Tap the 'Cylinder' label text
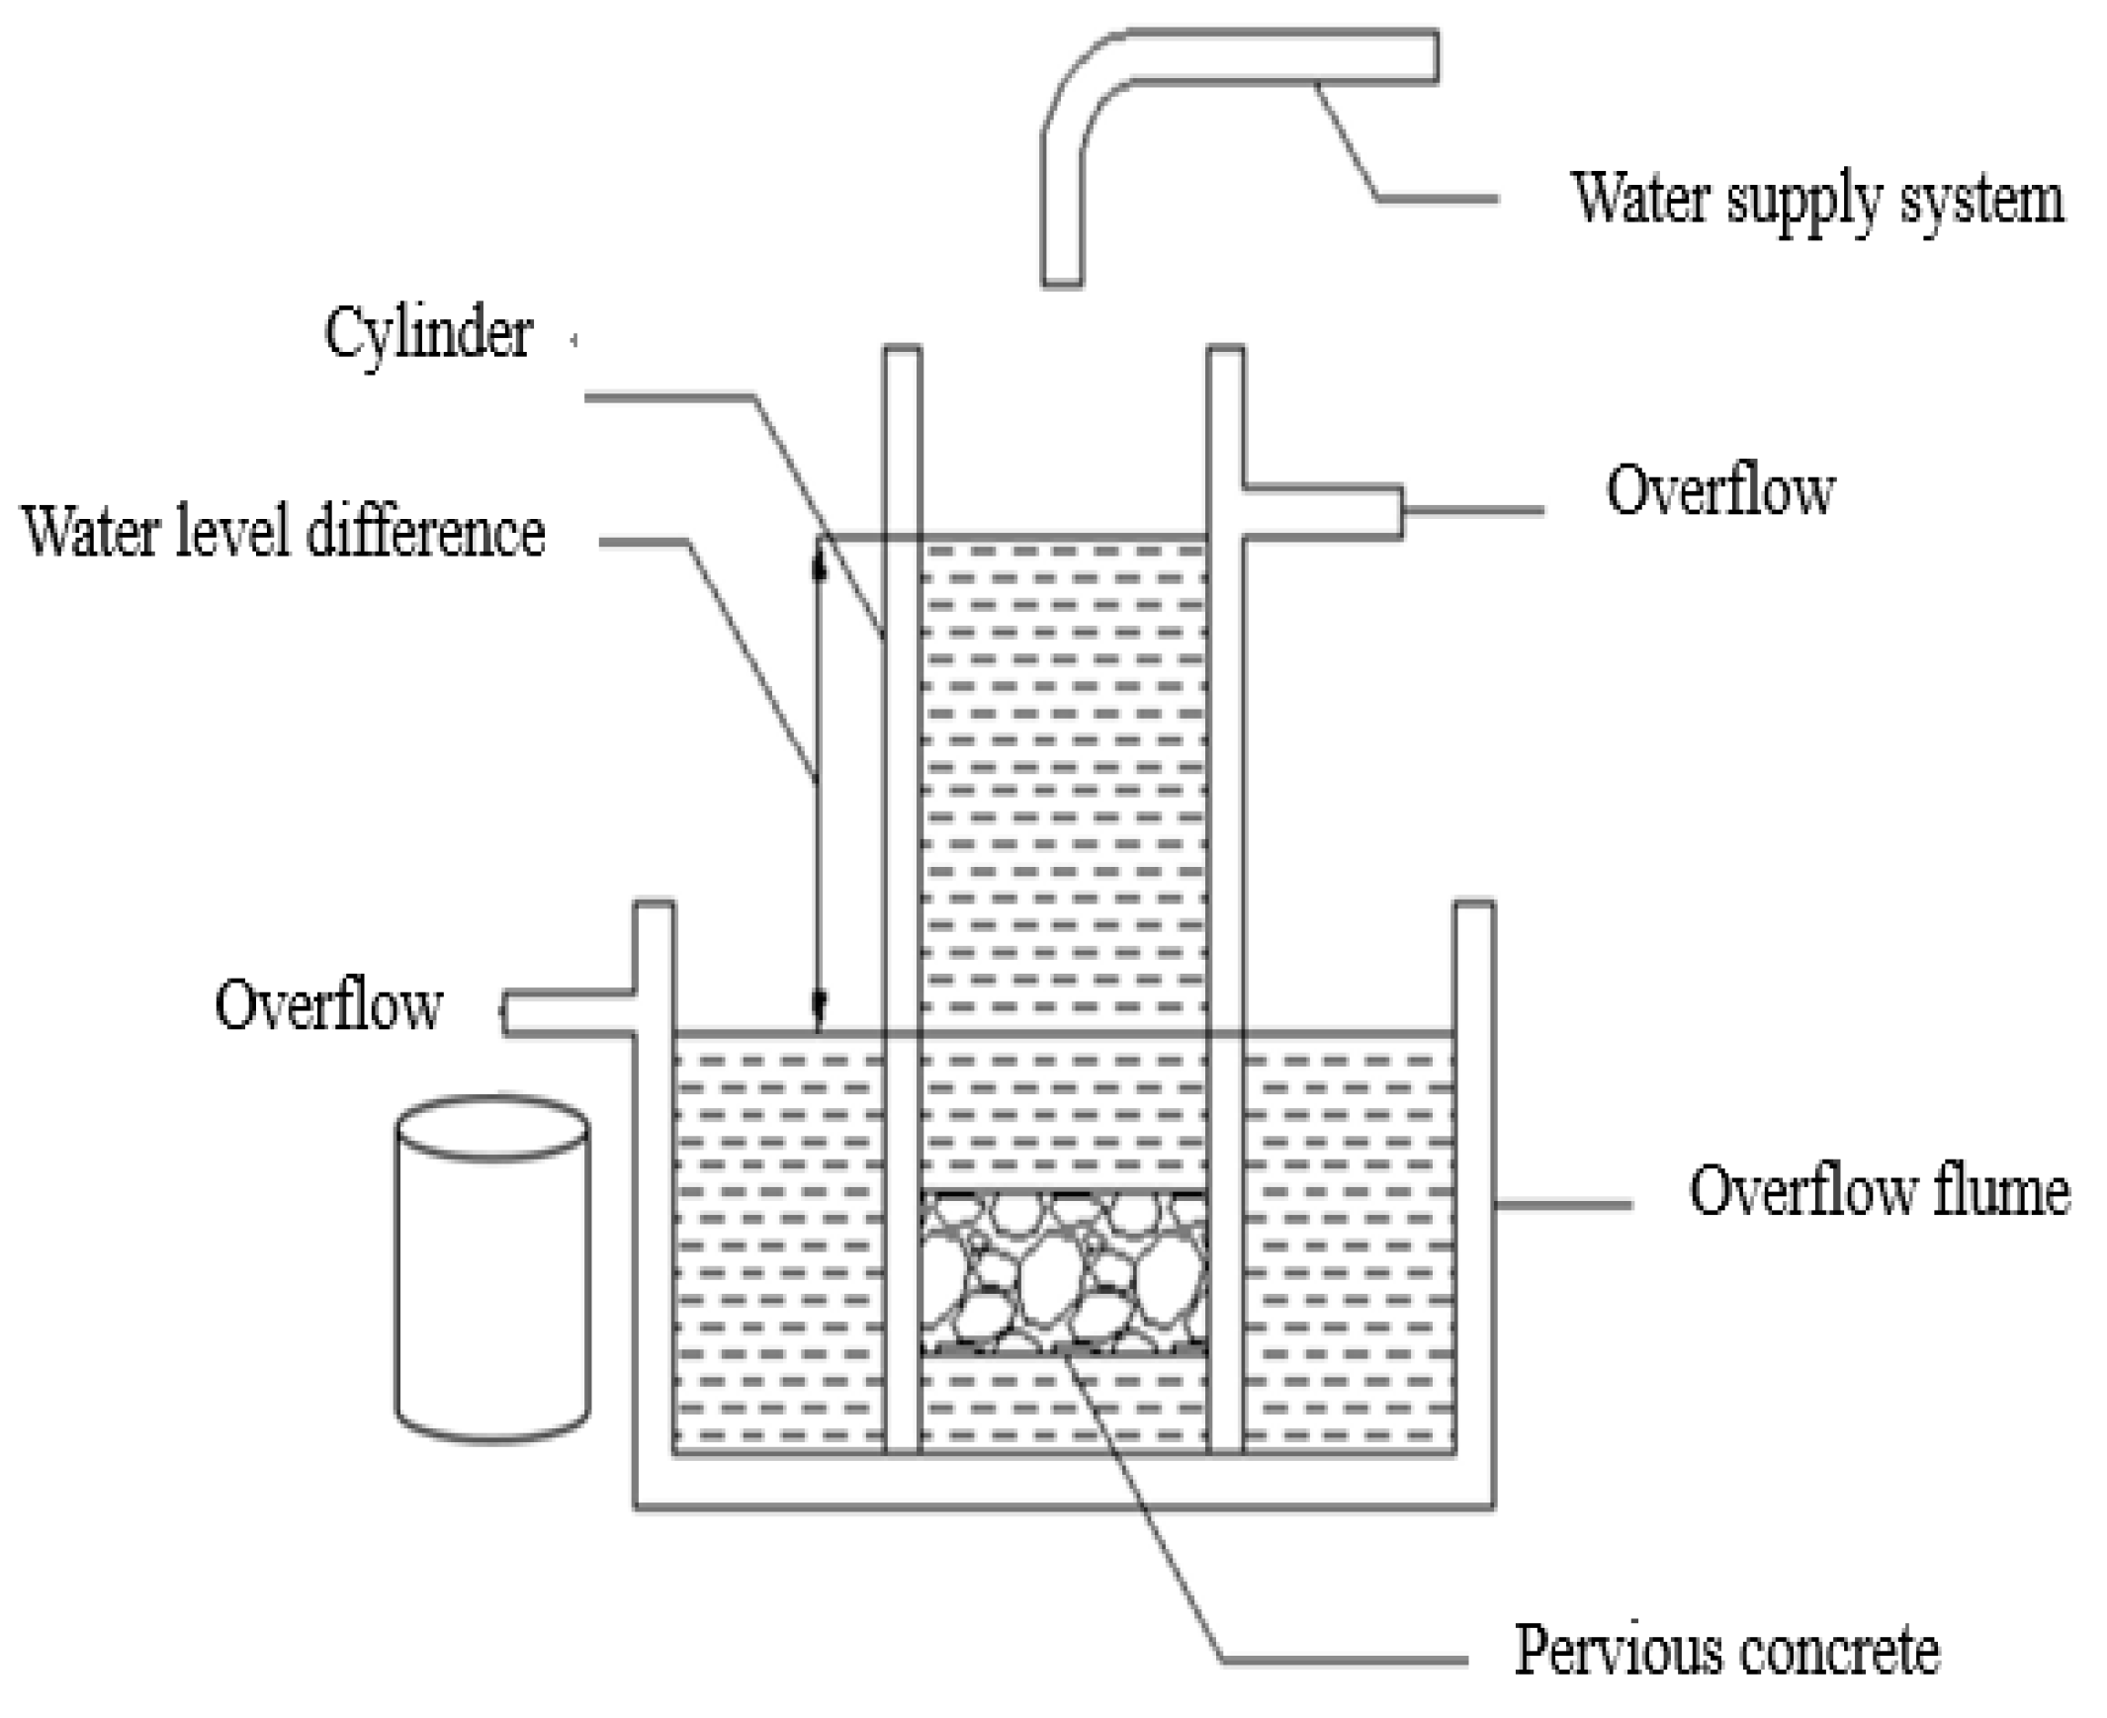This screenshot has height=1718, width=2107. tap(428, 333)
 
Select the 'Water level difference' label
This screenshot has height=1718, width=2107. tap(283, 533)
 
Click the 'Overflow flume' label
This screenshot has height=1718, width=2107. tap(1879, 1190)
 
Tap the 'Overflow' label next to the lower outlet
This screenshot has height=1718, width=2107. tap(328, 1005)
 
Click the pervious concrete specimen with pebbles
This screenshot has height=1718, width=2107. tap(1063, 1272)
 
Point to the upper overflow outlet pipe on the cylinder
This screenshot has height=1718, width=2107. tap(1322, 512)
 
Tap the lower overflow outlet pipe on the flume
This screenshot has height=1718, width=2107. tap(570, 1013)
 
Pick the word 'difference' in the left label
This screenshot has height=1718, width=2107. tap(425, 533)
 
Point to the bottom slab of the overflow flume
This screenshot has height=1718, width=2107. tap(1063, 1482)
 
